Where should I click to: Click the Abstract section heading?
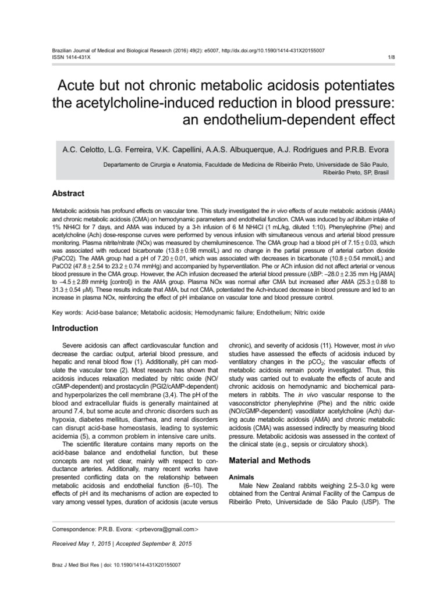(x=68, y=193)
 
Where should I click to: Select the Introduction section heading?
(x=76, y=328)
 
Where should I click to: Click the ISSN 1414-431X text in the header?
(x=67, y=58)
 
